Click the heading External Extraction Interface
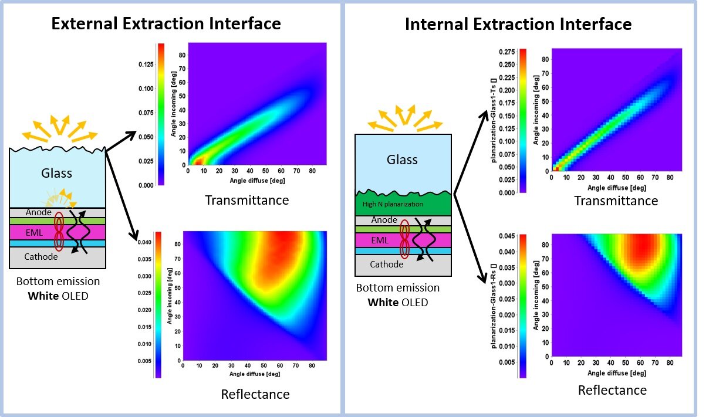point(166,23)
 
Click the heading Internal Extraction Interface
point(518,24)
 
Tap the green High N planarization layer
point(403,204)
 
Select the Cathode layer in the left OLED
point(40,257)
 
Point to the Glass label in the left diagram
point(56,173)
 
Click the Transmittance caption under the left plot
point(247,200)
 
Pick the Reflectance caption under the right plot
point(612,390)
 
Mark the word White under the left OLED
point(41,295)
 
